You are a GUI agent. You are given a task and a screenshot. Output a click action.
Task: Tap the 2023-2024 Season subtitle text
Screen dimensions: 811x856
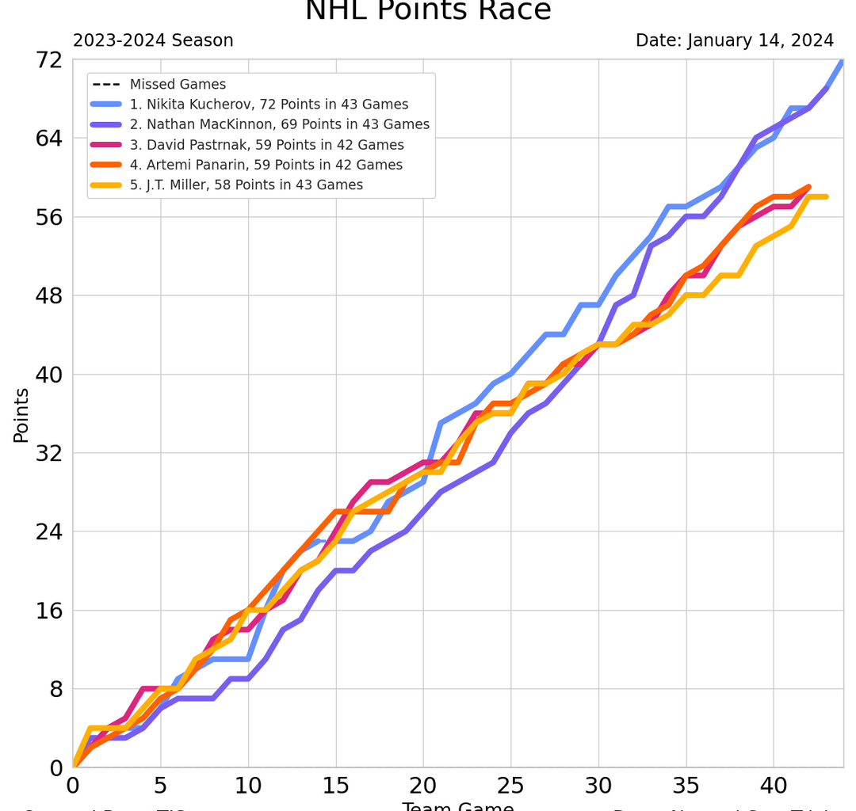153,40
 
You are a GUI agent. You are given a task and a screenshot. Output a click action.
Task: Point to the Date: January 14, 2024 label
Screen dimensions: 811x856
735,40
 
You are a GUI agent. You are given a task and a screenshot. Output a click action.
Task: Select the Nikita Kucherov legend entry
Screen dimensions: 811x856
269,105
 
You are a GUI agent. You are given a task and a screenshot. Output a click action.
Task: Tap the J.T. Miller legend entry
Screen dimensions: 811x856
246,185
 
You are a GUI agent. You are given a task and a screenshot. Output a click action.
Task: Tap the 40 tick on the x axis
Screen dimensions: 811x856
773,787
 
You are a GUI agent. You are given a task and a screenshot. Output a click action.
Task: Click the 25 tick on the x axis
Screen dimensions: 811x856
510,787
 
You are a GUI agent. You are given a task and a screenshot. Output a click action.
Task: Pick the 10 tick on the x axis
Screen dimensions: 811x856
248,787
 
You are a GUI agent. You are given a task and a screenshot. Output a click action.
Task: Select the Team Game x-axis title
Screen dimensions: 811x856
457,806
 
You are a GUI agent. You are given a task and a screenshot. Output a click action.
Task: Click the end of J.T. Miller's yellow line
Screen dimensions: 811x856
826,196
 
